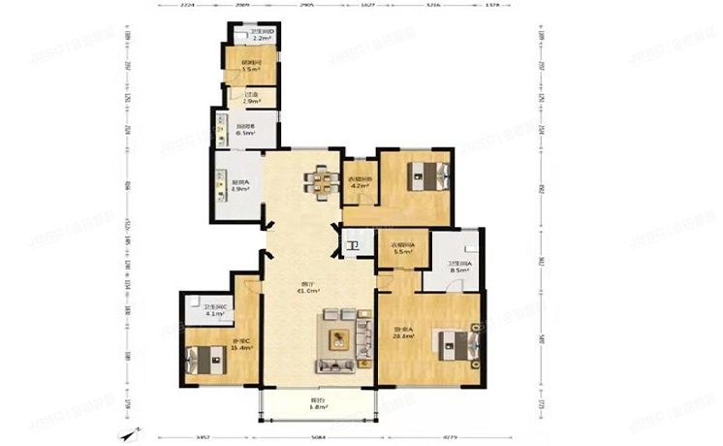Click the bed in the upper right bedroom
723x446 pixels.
click(427, 176)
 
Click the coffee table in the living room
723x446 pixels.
click(338, 338)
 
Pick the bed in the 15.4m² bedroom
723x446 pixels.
click(203, 358)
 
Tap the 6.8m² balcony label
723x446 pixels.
click(319, 404)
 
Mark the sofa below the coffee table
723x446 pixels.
click(336, 364)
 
